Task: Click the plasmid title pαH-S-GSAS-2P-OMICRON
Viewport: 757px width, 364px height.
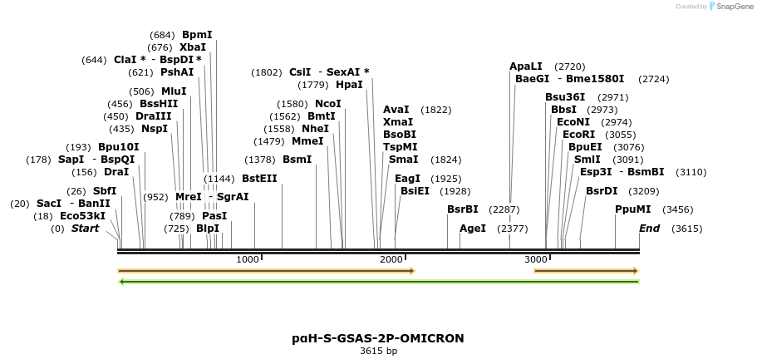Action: (x=378, y=338)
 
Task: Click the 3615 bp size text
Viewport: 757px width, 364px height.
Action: (x=378, y=352)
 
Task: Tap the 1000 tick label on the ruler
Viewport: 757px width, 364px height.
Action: (x=248, y=260)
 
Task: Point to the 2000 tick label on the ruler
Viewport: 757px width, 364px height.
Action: (x=391, y=260)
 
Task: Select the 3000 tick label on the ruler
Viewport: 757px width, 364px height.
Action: (x=535, y=260)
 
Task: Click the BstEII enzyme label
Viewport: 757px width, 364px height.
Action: (x=259, y=178)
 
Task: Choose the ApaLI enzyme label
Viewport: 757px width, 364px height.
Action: (x=525, y=66)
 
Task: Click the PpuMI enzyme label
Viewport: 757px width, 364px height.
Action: (x=632, y=209)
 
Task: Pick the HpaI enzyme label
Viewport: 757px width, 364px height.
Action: (x=349, y=85)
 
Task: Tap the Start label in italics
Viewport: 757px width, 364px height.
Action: (x=85, y=229)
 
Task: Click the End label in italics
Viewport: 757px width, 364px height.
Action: (x=649, y=229)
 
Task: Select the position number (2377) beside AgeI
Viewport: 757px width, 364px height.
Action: (x=512, y=229)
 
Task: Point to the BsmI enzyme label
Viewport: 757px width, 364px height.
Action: (x=297, y=159)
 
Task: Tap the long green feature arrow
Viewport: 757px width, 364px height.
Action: (x=379, y=282)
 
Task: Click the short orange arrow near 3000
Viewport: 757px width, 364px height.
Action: (x=586, y=271)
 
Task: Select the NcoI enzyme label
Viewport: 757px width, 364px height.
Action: (x=328, y=104)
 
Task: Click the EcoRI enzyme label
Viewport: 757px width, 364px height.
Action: (x=578, y=134)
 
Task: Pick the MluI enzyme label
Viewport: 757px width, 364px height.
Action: (x=174, y=91)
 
